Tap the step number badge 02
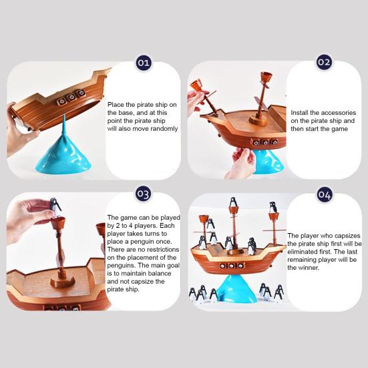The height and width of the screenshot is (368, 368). (x=324, y=62)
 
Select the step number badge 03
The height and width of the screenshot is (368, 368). (x=143, y=194)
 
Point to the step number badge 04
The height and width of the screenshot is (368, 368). (x=324, y=195)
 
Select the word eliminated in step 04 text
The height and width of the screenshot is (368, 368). (x=303, y=252)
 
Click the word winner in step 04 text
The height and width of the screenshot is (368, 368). (x=309, y=268)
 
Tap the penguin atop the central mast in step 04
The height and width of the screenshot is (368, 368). (x=233, y=202)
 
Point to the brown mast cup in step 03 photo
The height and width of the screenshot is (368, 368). (x=60, y=223)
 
